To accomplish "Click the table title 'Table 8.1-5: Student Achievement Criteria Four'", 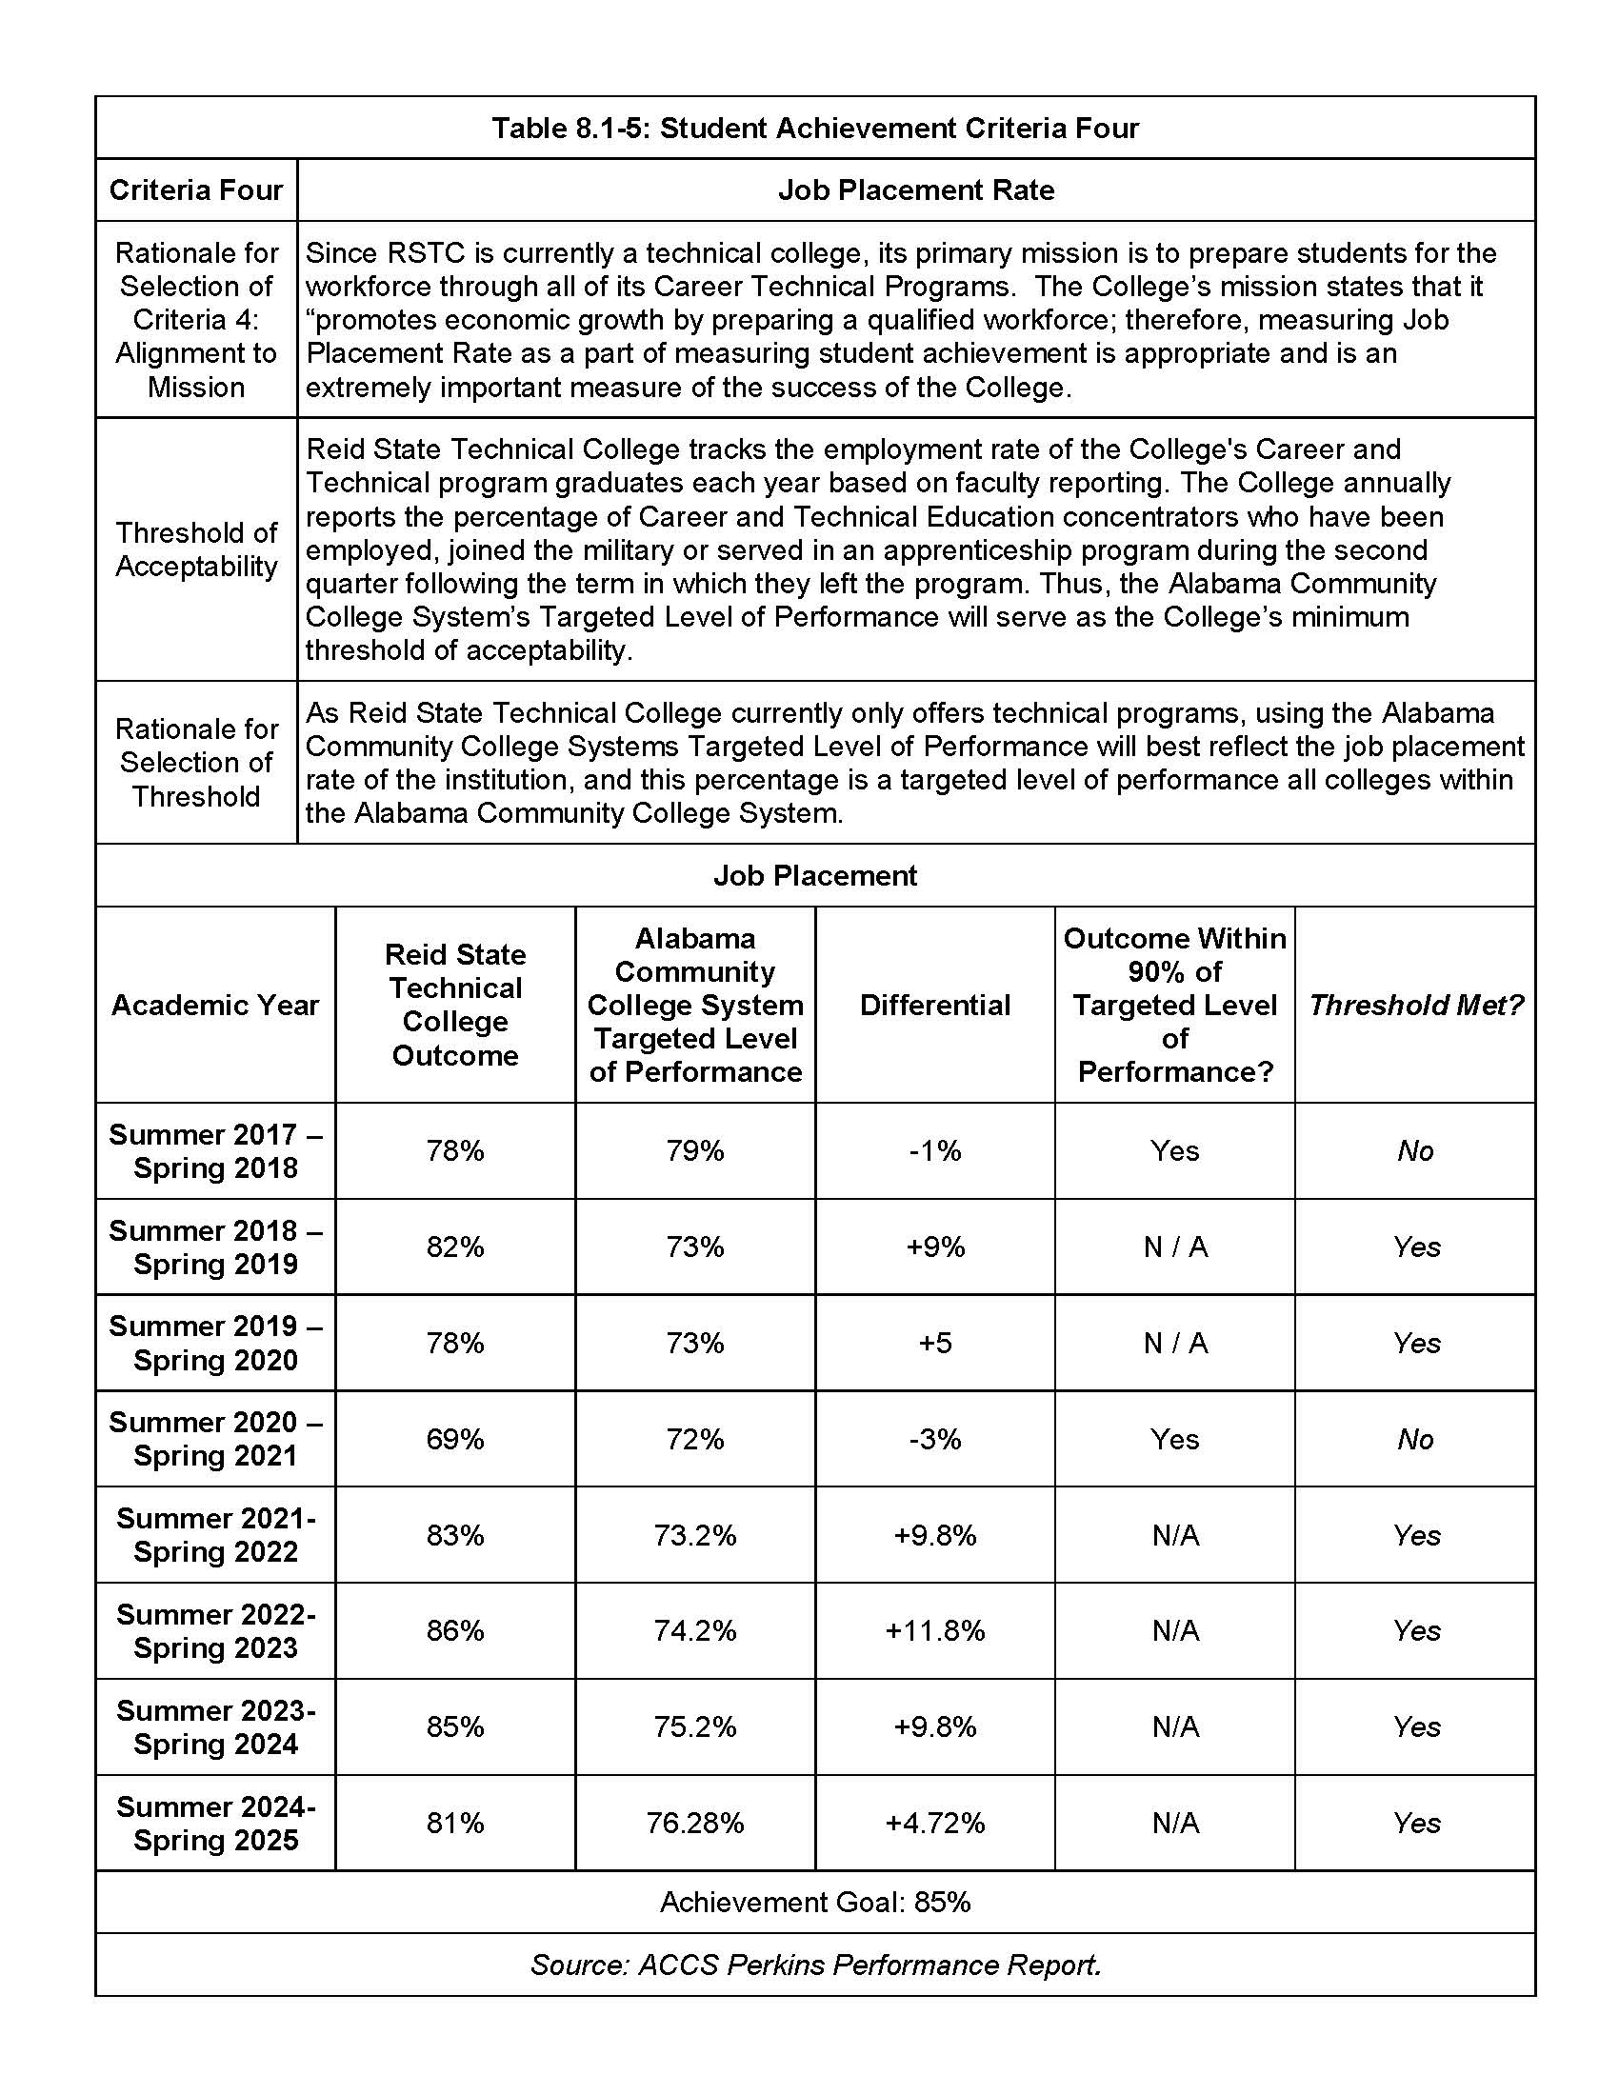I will pyautogui.click(x=814, y=128).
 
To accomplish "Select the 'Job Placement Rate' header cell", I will pyautogui.click(x=915, y=190).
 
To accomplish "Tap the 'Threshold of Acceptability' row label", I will pyautogui.click(x=195, y=549).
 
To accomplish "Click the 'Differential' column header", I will pyautogui.click(x=934, y=1005).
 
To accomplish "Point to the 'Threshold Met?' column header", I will pyautogui.click(x=1414, y=1005).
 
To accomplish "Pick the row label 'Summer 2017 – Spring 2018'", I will pyautogui.click(x=215, y=1150).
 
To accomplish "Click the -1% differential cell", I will pyautogui.click(x=934, y=1150).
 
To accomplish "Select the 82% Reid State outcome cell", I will pyautogui.click(x=454, y=1247).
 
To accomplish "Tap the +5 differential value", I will pyautogui.click(x=934, y=1342).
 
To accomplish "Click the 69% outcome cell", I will pyautogui.click(x=454, y=1439).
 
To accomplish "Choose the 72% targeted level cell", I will pyautogui.click(x=694, y=1439).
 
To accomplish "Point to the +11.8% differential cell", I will pyautogui.click(x=934, y=1630).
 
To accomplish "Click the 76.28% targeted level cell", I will pyautogui.click(x=694, y=1823).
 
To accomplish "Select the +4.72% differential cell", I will pyautogui.click(x=934, y=1823).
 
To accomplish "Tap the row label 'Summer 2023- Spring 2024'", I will pyautogui.click(x=215, y=1726).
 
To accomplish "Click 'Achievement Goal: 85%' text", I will pyautogui.click(x=814, y=1903).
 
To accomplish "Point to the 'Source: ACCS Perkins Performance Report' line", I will pyautogui.click(x=814, y=1965).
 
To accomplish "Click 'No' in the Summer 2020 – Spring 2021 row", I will pyautogui.click(x=1414, y=1439).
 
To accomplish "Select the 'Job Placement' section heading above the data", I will pyautogui.click(x=814, y=875).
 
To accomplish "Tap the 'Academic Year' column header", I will pyautogui.click(x=215, y=1005).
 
